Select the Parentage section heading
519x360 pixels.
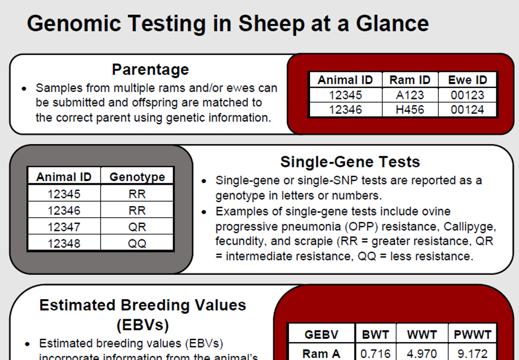(150, 69)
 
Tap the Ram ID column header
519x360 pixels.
(409, 80)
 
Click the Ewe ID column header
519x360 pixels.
(467, 80)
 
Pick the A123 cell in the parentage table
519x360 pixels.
(409, 95)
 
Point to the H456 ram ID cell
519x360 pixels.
(409, 110)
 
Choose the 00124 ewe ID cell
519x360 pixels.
(467, 110)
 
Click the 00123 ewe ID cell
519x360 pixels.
(467, 95)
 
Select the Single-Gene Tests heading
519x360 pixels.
(350, 161)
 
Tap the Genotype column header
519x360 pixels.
(137, 177)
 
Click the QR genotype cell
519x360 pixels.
(137, 227)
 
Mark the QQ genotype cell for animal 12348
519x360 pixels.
(137, 244)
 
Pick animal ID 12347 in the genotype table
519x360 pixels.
(64, 227)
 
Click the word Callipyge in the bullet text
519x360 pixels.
(469, 226)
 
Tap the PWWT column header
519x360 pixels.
(472, 335)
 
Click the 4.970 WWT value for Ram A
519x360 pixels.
(422, 353)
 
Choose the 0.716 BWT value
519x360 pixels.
(375, 353)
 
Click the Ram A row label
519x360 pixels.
(321, 353)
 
